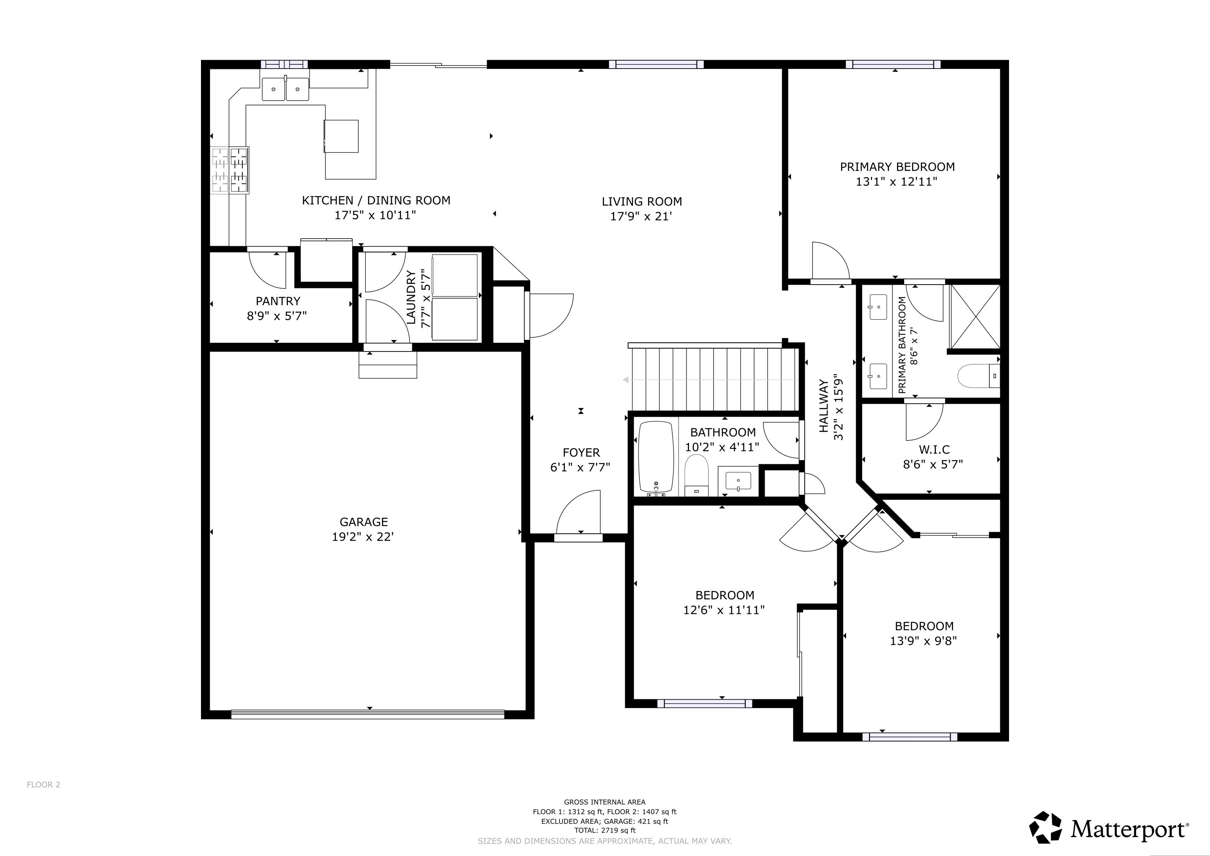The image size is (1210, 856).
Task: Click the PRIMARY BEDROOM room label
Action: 897,167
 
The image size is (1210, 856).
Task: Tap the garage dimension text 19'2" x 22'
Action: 364,537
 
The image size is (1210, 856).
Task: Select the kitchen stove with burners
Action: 230,170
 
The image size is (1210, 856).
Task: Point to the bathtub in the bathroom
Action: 656,456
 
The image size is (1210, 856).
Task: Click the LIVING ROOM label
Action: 641,202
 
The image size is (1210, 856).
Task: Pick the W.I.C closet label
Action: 934,450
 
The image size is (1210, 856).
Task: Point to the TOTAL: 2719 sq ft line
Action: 605,830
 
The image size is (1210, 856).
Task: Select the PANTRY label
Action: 278,301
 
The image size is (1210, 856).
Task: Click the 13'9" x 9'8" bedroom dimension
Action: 923,641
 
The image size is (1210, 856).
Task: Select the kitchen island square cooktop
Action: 341,136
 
